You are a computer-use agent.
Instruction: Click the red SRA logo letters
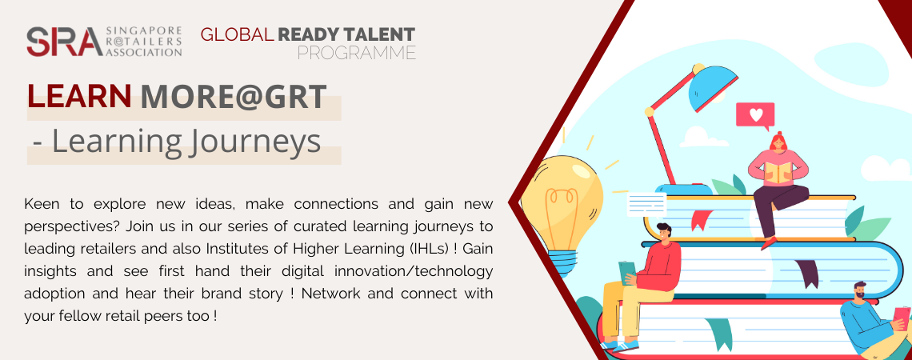point(65,42)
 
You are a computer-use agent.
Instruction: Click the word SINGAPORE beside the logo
point(144,31)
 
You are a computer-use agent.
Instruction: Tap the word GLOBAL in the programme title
point(238,34)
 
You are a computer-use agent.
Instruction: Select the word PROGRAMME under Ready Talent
point(357,53)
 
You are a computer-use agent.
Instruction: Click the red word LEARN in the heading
point(80,97)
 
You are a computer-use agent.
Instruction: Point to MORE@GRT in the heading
point(234,97)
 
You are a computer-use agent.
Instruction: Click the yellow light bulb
point(562,206)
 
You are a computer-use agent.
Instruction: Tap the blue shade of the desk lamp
point(713,87)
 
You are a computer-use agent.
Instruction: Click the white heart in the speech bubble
point(755,114)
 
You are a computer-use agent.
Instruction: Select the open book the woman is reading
point(778,170)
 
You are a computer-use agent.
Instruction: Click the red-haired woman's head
point(777,142)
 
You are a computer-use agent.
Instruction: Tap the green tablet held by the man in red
point(627,272)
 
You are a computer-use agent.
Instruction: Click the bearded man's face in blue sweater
point(862,293)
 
